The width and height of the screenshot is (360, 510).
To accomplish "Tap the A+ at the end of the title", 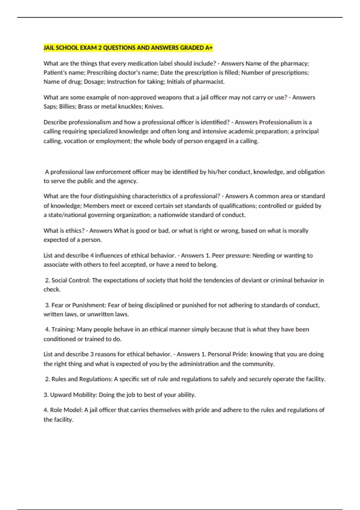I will [209, 48].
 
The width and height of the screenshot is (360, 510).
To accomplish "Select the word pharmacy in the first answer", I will [294, 64].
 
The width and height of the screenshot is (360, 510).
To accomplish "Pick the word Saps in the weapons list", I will [49, 106].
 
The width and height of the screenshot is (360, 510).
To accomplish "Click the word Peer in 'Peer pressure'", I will [218, 256].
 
